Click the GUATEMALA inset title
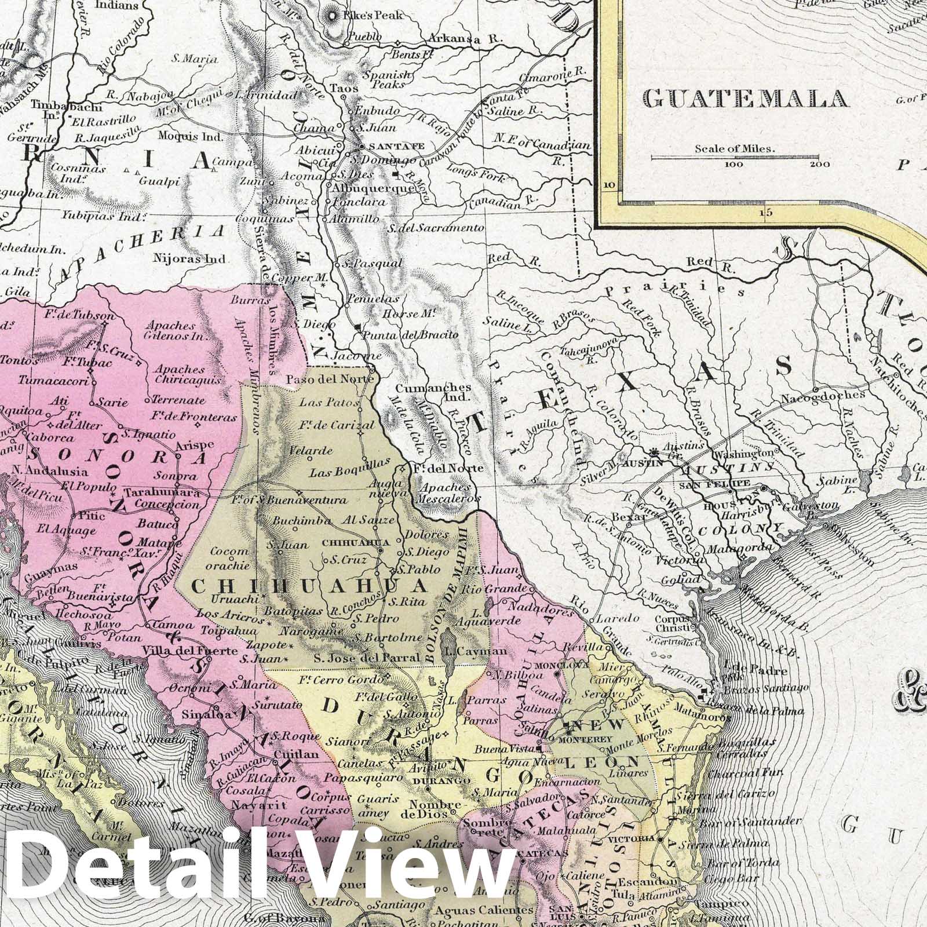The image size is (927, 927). pyautogui.click(x=746, y=99)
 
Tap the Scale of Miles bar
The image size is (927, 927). pyautogui.click(x=735, y=156)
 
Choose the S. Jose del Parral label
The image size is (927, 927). pyautogui.click(x=366, y=658)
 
